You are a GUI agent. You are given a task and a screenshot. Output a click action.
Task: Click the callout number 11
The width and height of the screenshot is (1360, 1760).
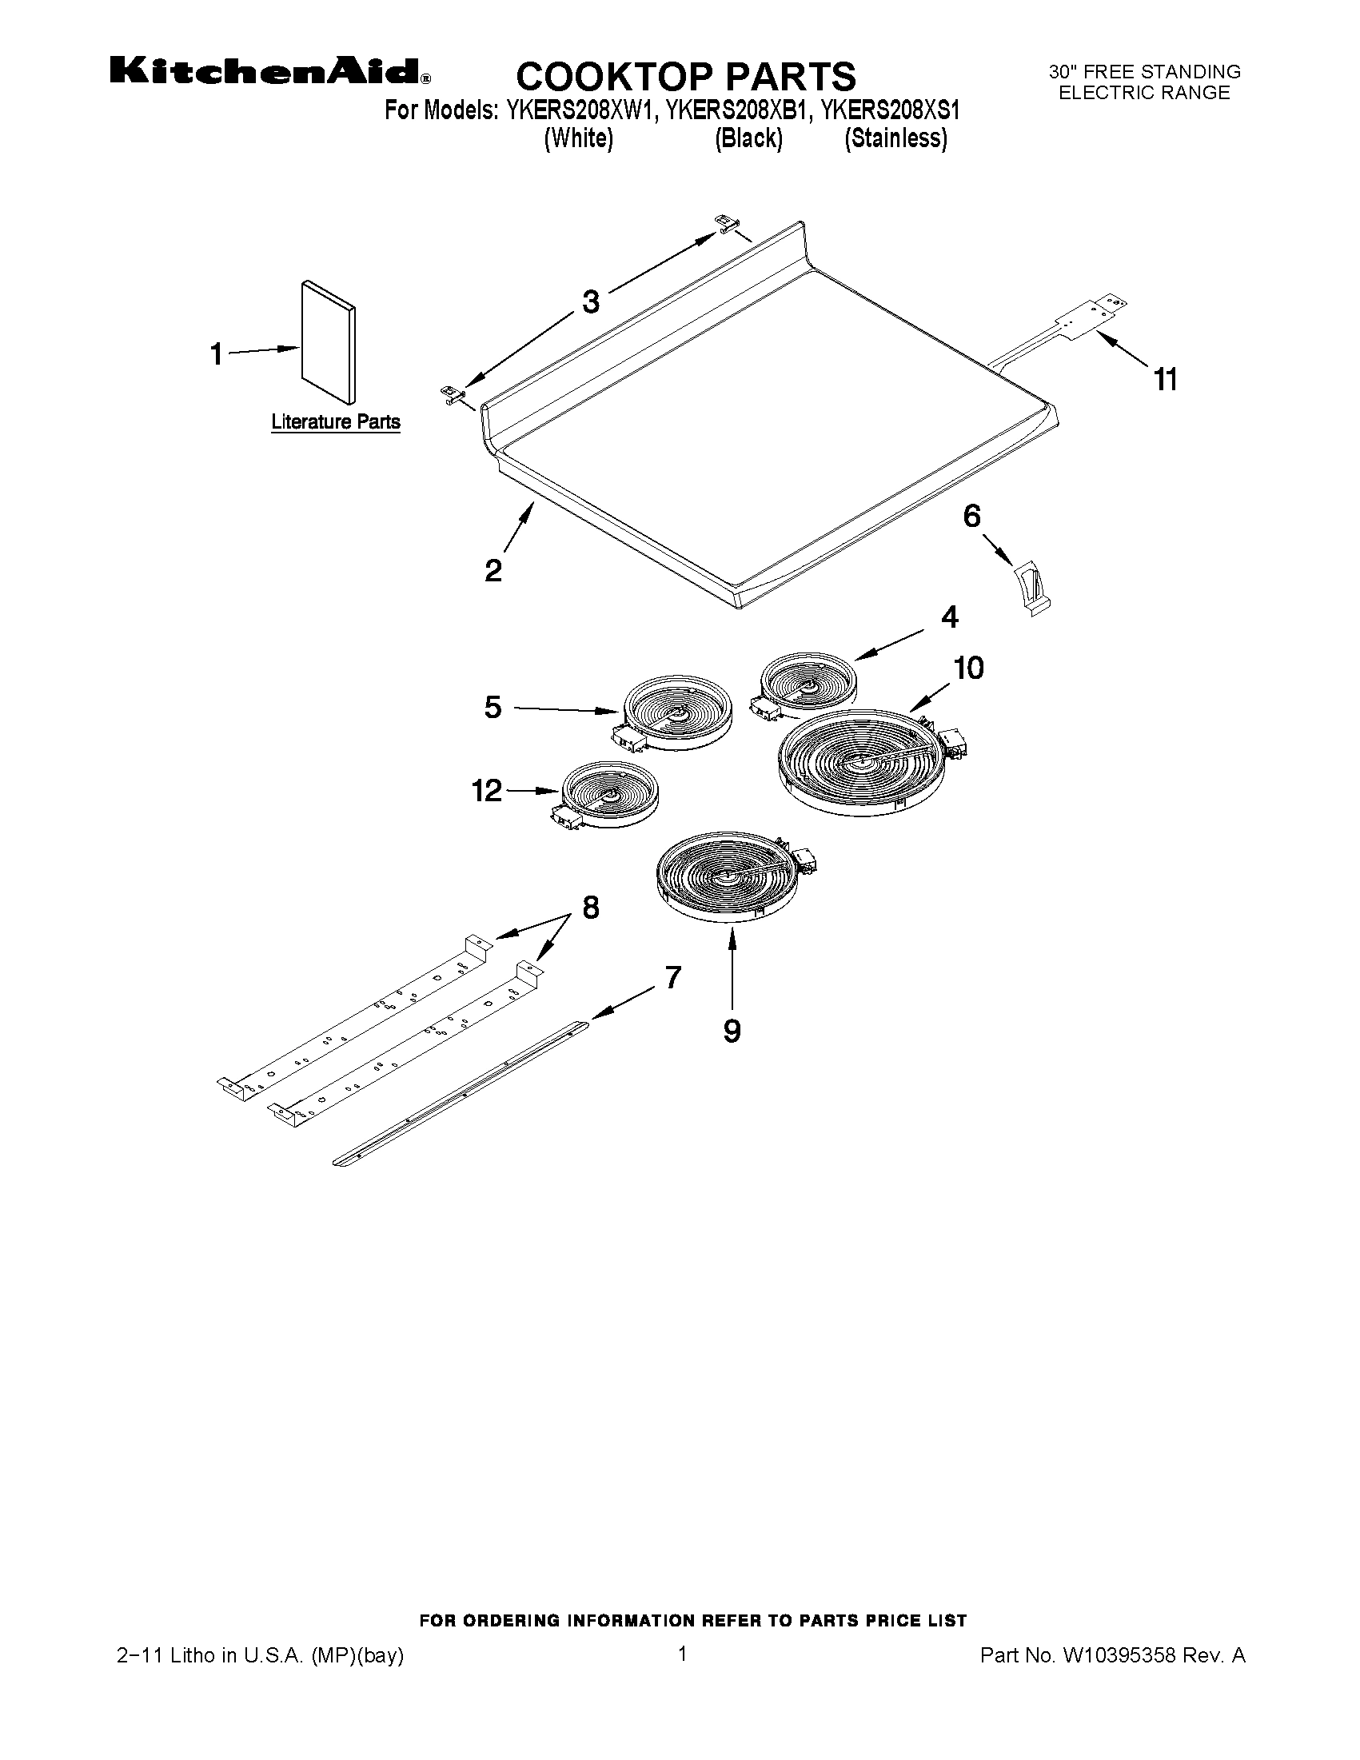pos(1166,379)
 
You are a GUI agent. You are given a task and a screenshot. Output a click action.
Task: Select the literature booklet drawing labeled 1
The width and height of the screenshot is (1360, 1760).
pos(327,342)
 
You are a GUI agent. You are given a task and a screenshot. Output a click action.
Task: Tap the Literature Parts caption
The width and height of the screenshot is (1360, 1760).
pos(335,421)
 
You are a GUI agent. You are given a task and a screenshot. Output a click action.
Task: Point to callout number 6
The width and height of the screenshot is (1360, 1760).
pos(972,516)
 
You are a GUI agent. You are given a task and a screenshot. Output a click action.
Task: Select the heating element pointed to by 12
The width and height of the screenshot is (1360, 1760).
pos(609,795)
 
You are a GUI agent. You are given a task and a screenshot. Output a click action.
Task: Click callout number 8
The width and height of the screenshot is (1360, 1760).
pos(591,908)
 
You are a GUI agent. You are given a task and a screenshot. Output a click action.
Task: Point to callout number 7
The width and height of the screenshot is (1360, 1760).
pos(673,977)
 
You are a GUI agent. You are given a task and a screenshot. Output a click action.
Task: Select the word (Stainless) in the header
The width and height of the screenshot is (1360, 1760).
pos(895,138)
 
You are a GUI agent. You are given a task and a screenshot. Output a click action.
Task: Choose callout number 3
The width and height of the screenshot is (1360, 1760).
pos(591,302)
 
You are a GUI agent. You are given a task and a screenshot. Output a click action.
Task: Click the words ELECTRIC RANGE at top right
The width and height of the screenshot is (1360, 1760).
pos(1143,93)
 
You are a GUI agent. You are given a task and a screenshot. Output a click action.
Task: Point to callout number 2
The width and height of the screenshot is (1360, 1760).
pos(493,571)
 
